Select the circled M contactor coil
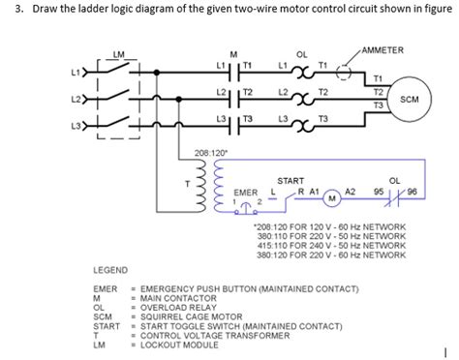click(x=330, y=199)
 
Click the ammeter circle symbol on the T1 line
click(x=343, y=72)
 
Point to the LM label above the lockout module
click(x=119, y=53)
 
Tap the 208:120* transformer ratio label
click(x=210, y=152)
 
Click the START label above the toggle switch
click(x=290, y=181)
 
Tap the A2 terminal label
click(x=352, y=193)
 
